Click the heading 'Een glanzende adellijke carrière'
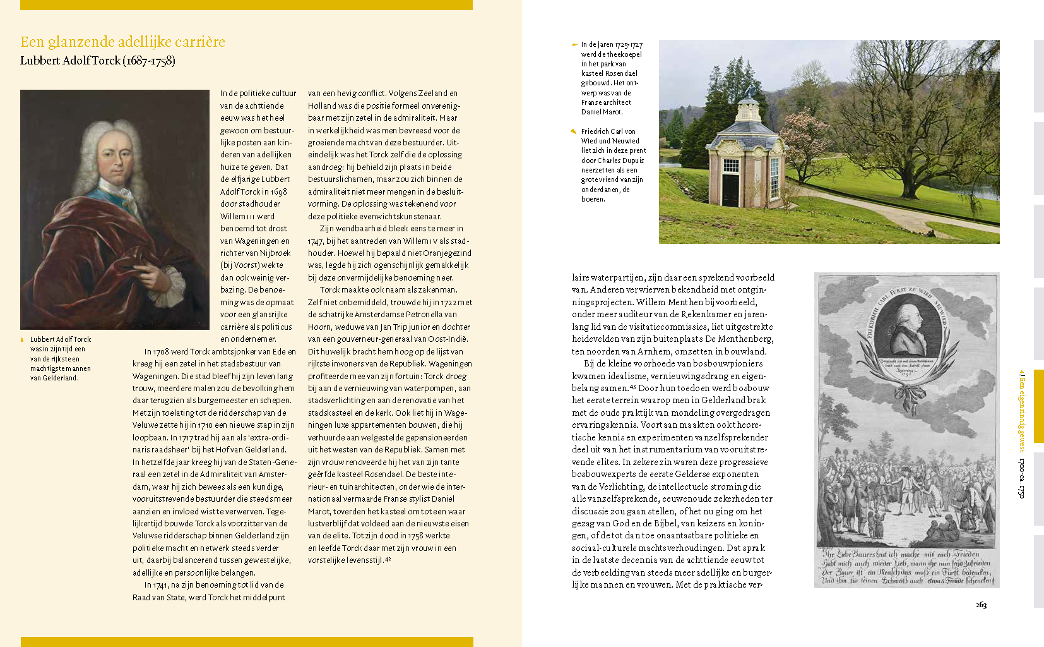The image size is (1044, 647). coord(122,42)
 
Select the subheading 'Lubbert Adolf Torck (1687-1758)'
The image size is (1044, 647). coord(98,61)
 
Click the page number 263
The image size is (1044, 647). coord(981,605)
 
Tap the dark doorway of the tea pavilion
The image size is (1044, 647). coord(730,189)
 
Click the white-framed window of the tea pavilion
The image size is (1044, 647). coord(730,166)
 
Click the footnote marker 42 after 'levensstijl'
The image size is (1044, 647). coord(388,560)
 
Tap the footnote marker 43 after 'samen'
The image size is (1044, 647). coord(632,387)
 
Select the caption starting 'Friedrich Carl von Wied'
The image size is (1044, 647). coord(612,165)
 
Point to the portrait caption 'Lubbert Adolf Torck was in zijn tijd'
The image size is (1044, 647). coord(61,359)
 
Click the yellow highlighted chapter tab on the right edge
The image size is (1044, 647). coord(1038,406)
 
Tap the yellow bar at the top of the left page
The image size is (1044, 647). coord(246,5)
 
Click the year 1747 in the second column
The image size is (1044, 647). coord(315,241)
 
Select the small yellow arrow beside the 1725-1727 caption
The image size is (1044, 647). coord(574,45)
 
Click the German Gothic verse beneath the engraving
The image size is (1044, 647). coord(906,567)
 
